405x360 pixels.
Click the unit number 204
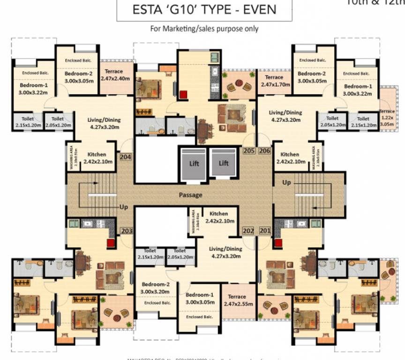[126, 157]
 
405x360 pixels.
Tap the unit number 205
[248, 150]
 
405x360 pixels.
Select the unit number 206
[264, 150]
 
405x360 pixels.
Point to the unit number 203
[127, 231]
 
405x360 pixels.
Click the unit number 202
[248, 231]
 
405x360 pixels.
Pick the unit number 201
[265, 231]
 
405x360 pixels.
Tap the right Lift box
[224, 163]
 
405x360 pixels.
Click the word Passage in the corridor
[190, 195]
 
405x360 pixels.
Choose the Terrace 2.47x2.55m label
[237, 300]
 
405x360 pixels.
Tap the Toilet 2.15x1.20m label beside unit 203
[150, 254]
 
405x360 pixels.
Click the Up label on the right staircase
[286, 182]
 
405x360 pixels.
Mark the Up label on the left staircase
[124, 207]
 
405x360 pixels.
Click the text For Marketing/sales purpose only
[204, 29]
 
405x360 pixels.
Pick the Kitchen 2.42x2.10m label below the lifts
[219, 217]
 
